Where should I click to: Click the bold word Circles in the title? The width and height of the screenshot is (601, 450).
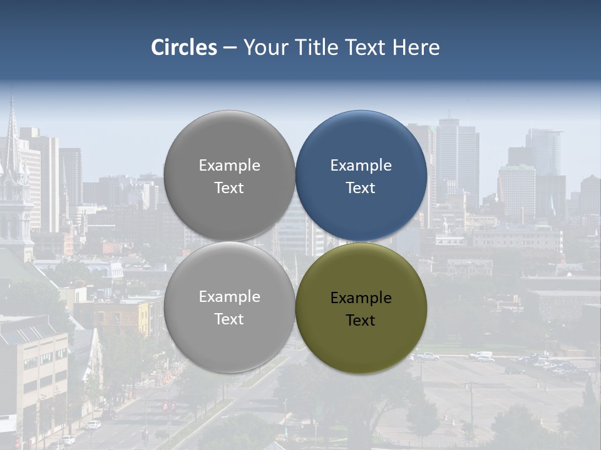click(x=184, y=47)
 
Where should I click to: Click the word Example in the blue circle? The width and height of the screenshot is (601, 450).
click(x=361, y=166)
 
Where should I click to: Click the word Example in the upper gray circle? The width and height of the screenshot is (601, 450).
click(x=229, y=166)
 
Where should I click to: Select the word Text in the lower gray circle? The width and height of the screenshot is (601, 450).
click(x=229, y=319)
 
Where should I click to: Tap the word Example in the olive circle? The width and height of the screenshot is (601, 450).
click(x=361, y=298)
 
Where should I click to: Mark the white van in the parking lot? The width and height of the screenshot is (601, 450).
click(x=481, y=355)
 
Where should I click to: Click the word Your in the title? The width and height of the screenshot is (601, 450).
click(x=264, y=47)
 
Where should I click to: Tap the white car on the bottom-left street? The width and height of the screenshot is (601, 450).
click(x=93, y=425)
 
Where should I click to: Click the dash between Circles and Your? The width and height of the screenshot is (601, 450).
click(x=230, y=48)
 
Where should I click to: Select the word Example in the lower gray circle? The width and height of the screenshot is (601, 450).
click(x=229, y=297)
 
